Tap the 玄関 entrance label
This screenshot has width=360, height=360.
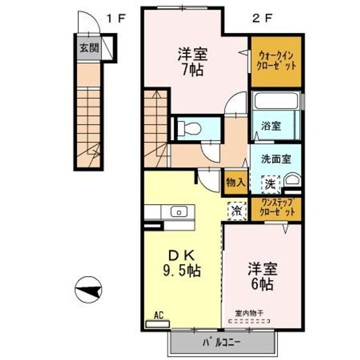88,49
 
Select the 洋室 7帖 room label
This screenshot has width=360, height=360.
191,61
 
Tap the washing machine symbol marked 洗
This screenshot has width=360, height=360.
270,183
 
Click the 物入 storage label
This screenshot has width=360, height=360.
235,182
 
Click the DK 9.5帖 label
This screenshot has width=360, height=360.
181,263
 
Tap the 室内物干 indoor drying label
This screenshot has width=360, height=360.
249,312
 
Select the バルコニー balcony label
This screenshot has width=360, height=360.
222,343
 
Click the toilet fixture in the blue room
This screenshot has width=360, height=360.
189,128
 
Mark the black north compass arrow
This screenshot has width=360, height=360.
88,289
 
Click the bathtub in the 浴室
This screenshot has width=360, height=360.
275,101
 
